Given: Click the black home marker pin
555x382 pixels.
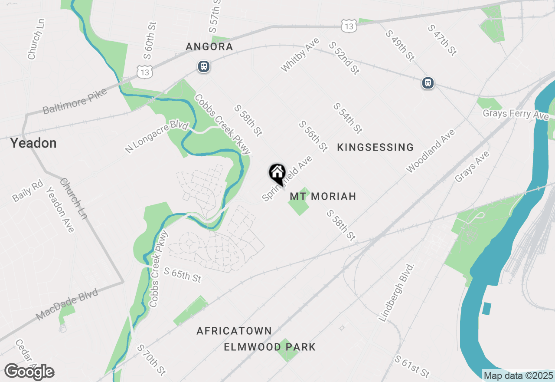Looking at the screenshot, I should point(277,173).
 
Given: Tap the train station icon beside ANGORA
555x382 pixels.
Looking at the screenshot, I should point(204,66).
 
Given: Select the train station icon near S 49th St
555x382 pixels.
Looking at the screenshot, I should point(428,82).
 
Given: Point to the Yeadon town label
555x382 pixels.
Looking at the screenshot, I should point(33,143).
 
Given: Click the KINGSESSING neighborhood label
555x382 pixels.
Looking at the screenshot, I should point(375,148).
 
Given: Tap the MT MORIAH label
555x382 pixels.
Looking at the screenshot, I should point(323,196).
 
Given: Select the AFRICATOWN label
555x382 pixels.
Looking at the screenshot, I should point(234,331).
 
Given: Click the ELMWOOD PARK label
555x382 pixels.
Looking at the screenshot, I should point(270,347).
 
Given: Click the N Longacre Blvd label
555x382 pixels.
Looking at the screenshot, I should point(157,137).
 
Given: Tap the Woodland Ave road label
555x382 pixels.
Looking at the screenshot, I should point(431,151).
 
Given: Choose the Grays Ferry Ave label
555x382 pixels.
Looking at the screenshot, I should point(516,114).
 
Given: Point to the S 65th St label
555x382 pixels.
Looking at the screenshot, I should point(183,275).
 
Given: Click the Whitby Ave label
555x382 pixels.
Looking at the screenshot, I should point(300,55).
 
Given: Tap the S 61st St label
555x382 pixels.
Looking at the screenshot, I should point(412,366).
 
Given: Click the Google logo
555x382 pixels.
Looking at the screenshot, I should point(29,372).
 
